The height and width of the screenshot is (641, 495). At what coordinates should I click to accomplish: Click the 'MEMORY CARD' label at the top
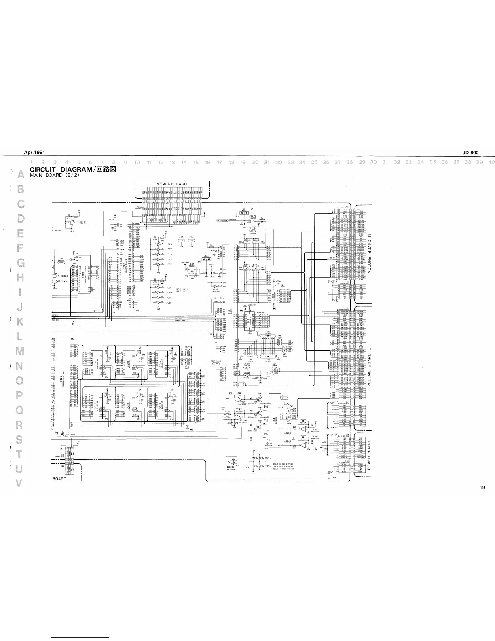(171, 184)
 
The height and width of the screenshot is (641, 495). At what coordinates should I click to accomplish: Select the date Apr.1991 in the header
(34, 153)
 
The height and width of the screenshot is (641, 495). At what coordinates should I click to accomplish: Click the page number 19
(483, 488)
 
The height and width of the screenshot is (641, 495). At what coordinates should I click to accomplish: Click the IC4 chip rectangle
(275, 421)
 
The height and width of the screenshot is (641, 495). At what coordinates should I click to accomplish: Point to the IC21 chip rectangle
(62, 382)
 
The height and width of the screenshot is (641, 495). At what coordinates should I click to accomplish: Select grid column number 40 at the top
(491, 162)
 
